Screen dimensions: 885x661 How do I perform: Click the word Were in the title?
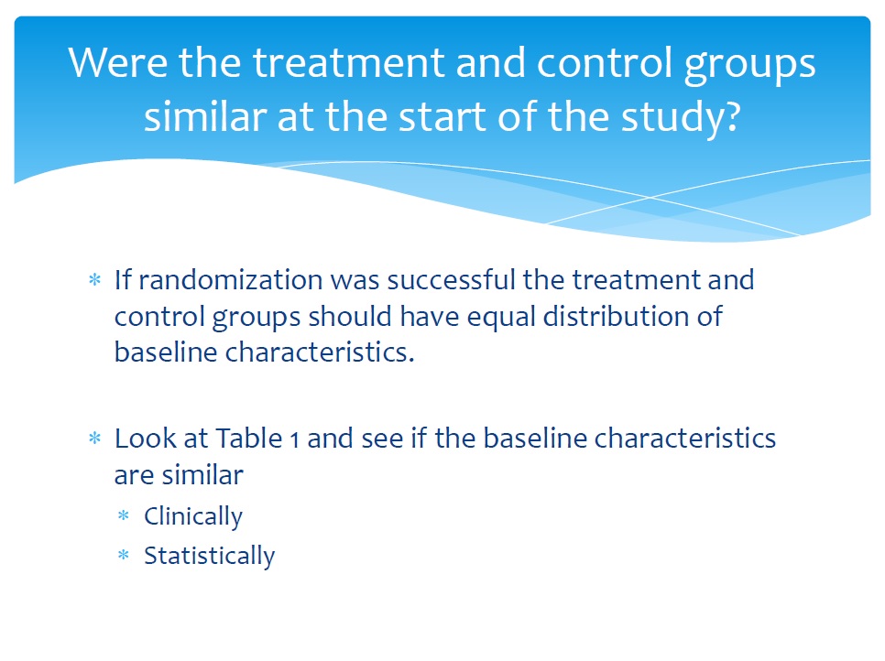117,62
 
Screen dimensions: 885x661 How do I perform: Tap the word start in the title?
441,117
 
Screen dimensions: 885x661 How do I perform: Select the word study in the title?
672,117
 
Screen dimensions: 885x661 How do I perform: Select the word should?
350,316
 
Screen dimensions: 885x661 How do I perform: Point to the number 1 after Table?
294,440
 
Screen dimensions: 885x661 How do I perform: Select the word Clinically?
193,517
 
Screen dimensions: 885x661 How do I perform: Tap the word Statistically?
210,557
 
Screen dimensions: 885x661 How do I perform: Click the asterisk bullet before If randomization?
95,280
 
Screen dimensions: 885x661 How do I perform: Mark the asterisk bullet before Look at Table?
95,439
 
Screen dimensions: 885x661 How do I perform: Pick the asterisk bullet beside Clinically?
124,515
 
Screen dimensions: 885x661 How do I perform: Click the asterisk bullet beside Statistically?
124,555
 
